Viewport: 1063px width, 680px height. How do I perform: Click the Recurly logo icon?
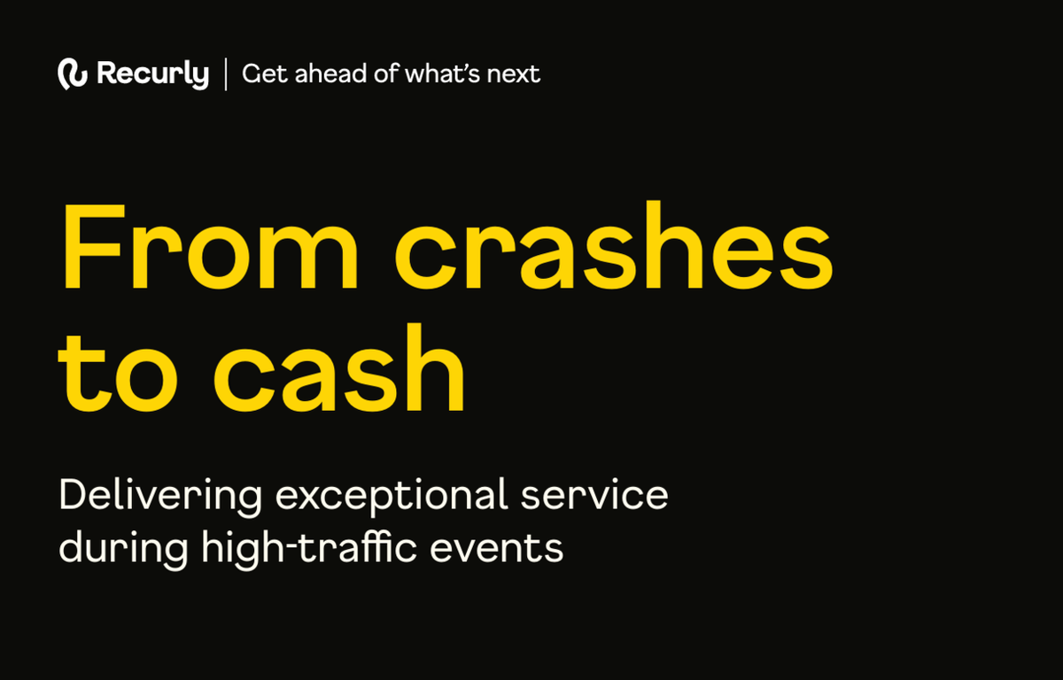tap(73, 74)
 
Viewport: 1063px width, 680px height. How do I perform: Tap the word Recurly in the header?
tap(152, 74)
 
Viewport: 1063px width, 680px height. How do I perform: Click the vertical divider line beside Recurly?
tap(225, 74)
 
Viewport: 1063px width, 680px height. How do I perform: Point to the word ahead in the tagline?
tap(330, 73)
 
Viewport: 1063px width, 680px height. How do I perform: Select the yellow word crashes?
tap(614, 244)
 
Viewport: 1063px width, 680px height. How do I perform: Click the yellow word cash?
tap(338, 367)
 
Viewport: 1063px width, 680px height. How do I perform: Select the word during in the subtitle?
tap(123, 550)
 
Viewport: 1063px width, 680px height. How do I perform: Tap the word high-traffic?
tap(309, 550)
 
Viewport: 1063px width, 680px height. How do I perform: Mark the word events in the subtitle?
tap(496, 549)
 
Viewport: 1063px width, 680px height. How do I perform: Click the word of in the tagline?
tap(386, 73)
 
